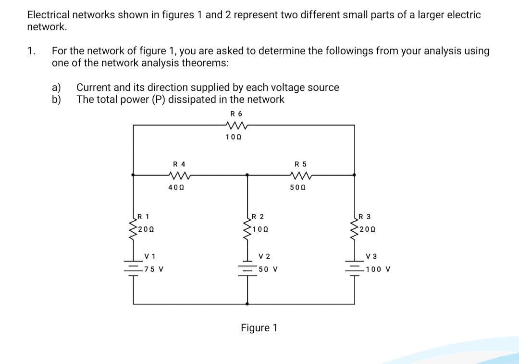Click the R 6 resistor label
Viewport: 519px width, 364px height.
(x=236, y=114)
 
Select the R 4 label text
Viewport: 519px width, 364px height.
(x=179, y=164)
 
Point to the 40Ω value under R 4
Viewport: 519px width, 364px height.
(x=174, y=188)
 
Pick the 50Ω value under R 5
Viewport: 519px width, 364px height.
(x=297, y=188)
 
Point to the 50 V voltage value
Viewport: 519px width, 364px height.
(x=268, y=269)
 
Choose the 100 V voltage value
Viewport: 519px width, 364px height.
(x=378, y=269)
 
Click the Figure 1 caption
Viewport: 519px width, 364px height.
(x=259, y=328)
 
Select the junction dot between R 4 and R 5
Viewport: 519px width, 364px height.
(x=248, y=176)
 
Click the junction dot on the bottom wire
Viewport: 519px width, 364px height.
(x=248, y=304)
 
